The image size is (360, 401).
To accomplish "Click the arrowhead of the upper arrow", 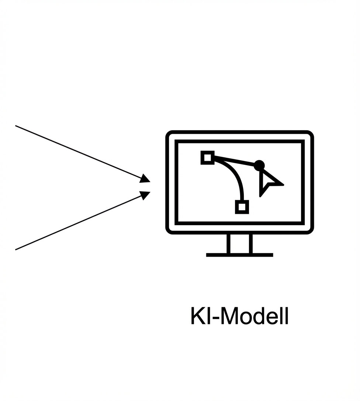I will pos(145,179).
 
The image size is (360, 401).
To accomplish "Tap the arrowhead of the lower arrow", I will pos(145,195).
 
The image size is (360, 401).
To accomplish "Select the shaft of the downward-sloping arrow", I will pos(77,152).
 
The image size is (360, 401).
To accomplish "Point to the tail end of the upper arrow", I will pos(16,126).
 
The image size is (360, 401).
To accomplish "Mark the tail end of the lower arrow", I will pos(16,250).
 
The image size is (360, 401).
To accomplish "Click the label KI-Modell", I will pos(239,316).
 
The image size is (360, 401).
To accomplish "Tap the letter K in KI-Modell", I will pos(197,316).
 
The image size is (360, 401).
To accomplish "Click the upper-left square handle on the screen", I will pos(208,158).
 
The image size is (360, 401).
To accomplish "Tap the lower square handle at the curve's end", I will pos(242,207).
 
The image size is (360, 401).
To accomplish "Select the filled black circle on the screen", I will pos(259,165).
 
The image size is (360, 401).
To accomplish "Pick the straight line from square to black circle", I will pos(234,161).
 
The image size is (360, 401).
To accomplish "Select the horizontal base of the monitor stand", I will pos(239,255).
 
